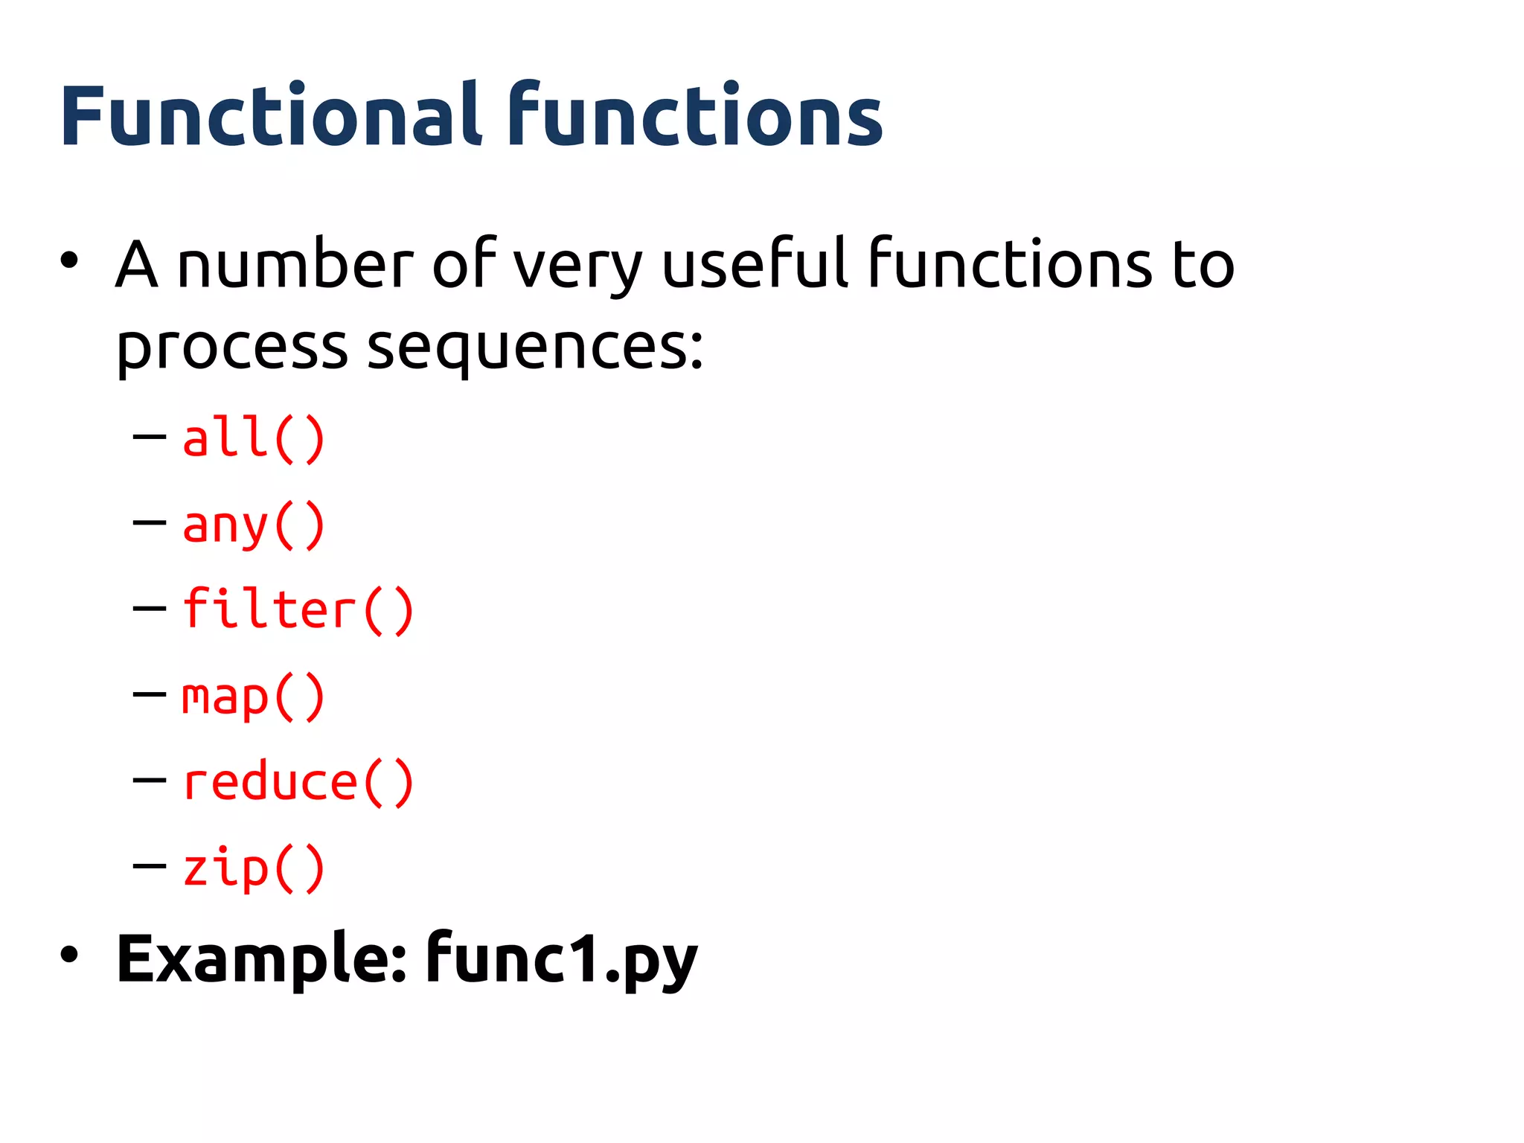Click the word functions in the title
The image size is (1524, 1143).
coord(696,115)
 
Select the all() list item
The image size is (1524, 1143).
coord(254,438)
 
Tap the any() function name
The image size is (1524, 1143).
coord(254,525)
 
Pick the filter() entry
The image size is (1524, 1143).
coord(298,610)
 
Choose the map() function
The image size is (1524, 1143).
coord(254,697)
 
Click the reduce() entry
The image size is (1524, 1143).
coord(298,783)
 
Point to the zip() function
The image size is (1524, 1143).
coord(254,868)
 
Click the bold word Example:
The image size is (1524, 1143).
coord(261,959)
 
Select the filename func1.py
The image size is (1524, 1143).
coord(562,959)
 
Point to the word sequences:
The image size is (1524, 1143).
coord(535,348)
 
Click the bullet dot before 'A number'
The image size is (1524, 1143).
coord(69,260)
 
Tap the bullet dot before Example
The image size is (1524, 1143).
coord(69,955)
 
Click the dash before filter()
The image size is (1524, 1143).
coord(150,609)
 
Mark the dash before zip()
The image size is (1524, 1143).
coord(150,866)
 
